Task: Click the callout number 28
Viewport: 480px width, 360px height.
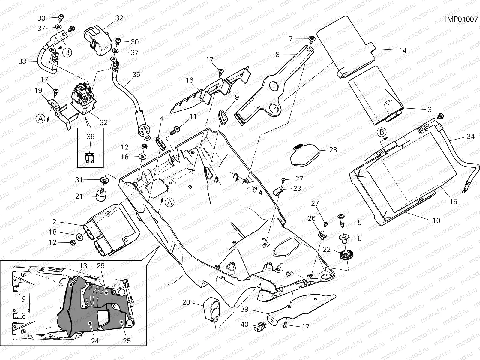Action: tap(333, 149)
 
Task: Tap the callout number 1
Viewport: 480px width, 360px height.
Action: tap(169, 286)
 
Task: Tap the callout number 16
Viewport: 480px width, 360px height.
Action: tap(189, 80)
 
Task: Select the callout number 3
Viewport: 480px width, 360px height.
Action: tap(429, 109)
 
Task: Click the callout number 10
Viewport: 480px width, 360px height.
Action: tap(436, 220)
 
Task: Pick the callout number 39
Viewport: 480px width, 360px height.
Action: tap(244, 309)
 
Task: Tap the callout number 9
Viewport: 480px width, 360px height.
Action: tap(237, 97)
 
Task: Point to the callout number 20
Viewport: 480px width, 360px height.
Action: tap(186, 302)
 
